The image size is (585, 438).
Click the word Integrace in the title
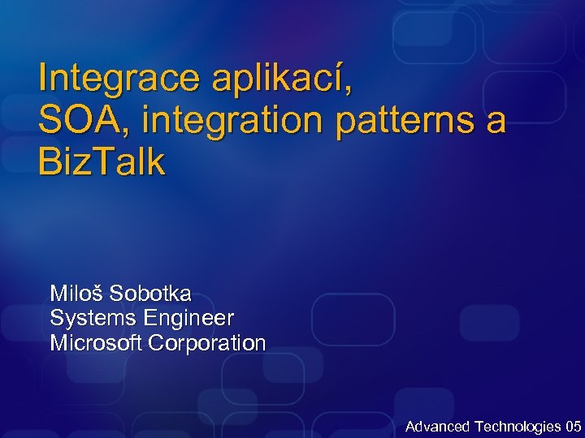click(119, 79)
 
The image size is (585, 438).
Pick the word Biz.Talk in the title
click(101, 162)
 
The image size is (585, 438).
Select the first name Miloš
click(76, 293)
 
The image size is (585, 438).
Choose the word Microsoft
click(97, 342)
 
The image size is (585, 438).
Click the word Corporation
click(207, 342)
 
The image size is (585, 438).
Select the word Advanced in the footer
click(437, 426)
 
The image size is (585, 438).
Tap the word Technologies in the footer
click(517, 426)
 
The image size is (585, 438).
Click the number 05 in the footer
click(573, 426)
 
